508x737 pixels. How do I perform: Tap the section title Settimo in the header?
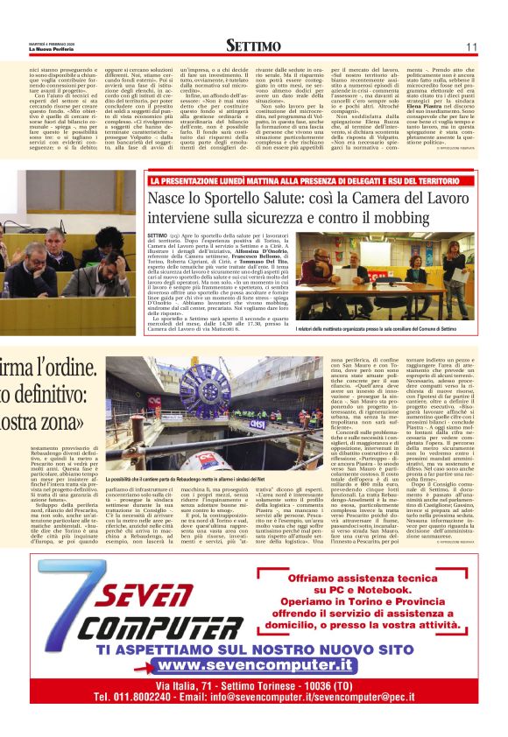pyautogui.click(x=253, y=46)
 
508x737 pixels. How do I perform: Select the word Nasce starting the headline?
pyautogui.click(x=170, y=198)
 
